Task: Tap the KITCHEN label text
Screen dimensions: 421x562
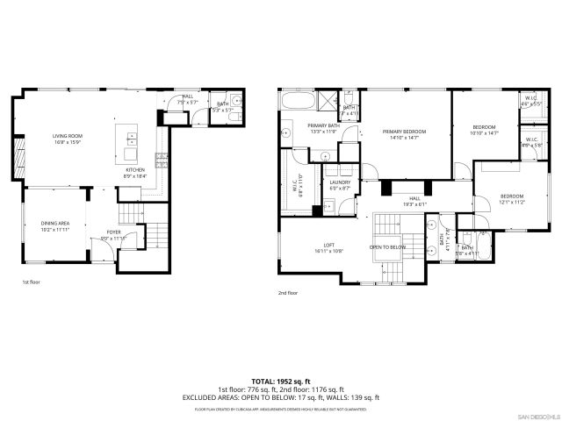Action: (134, 172)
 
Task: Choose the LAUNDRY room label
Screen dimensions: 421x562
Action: (340, 184)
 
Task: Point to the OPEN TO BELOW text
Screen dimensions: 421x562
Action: (385, 247)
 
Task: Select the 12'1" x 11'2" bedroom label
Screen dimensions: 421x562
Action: (512, 198)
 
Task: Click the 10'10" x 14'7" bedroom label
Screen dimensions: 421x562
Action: (484, 131)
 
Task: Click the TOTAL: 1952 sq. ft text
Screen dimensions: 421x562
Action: (281, 382)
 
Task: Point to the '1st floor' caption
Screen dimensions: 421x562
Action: (32, 282)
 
